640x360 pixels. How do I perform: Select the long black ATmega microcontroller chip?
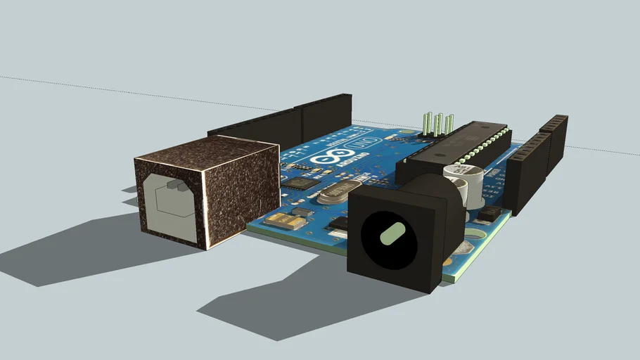[457, 148]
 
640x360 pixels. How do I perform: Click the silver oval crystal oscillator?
[343, 191]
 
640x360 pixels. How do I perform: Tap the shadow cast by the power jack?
[281, 302]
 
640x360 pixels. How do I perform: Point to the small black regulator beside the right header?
[489, 214]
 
